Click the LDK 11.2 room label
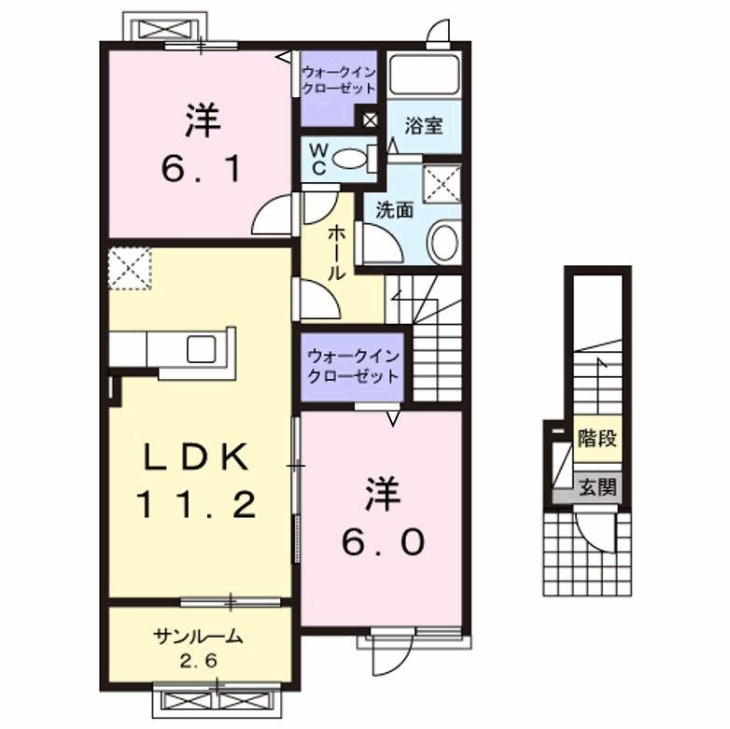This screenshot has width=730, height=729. pyautogui.click(x=197, y=481)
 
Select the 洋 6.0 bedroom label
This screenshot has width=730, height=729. pyautogui.click(x=384, y=516)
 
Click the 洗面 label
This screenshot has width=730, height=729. pyautogui.click(x=393, y=210)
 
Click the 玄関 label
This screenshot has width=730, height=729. pyautogui.click(x=597, y=486)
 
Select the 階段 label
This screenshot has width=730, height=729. pyautogui.click(x=597, y=438)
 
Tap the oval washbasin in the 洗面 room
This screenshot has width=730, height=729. pyautogui.click(x=443, y=241)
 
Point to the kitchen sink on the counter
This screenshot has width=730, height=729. pyautogui.click(x=203, y=349)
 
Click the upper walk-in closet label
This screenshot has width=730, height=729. pyautogui.click(x=337, y=78)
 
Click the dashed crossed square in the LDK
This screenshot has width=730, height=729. pyautogui.click(x=130, y=269)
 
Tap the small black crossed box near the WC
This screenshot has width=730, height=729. pyautogui.click(x=371, y=119)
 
